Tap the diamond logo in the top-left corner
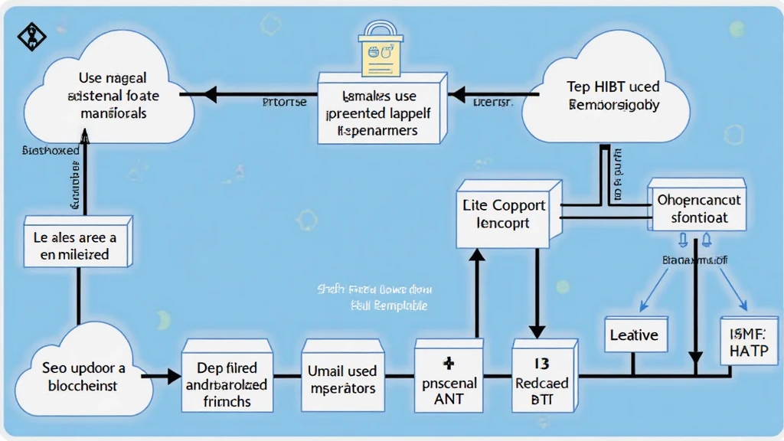31,36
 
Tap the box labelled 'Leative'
634,335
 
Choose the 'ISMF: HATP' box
747,340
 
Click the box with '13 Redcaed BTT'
541,381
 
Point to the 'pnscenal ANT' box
449,382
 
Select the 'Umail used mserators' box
341,379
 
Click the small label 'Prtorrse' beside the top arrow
284,101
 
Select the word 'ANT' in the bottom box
449,398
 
